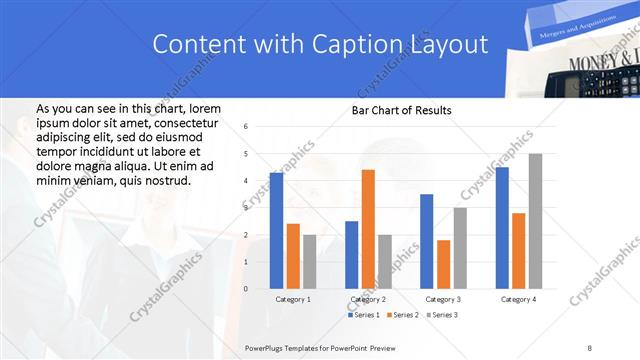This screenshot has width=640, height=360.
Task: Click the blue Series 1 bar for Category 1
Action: pyautogui.click(x=276, y=231)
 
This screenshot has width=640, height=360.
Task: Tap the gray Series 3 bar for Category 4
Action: pyautogui.click(x=535, y=221)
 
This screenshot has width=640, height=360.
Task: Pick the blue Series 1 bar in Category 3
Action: pyautogui.click(x=426, y=241)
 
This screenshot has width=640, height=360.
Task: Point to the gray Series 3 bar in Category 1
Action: pyautogui.click(x=309, y=262)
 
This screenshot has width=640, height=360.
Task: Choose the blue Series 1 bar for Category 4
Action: pyautogui.click(x=501, y=228)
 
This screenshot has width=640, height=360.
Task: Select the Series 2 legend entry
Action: pyautogui.click(x=402, y=315)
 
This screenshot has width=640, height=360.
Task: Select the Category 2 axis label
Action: pyautogui.click(x=367, y=299)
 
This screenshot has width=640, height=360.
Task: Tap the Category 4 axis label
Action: pyautogui.click(x=518, y=299)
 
